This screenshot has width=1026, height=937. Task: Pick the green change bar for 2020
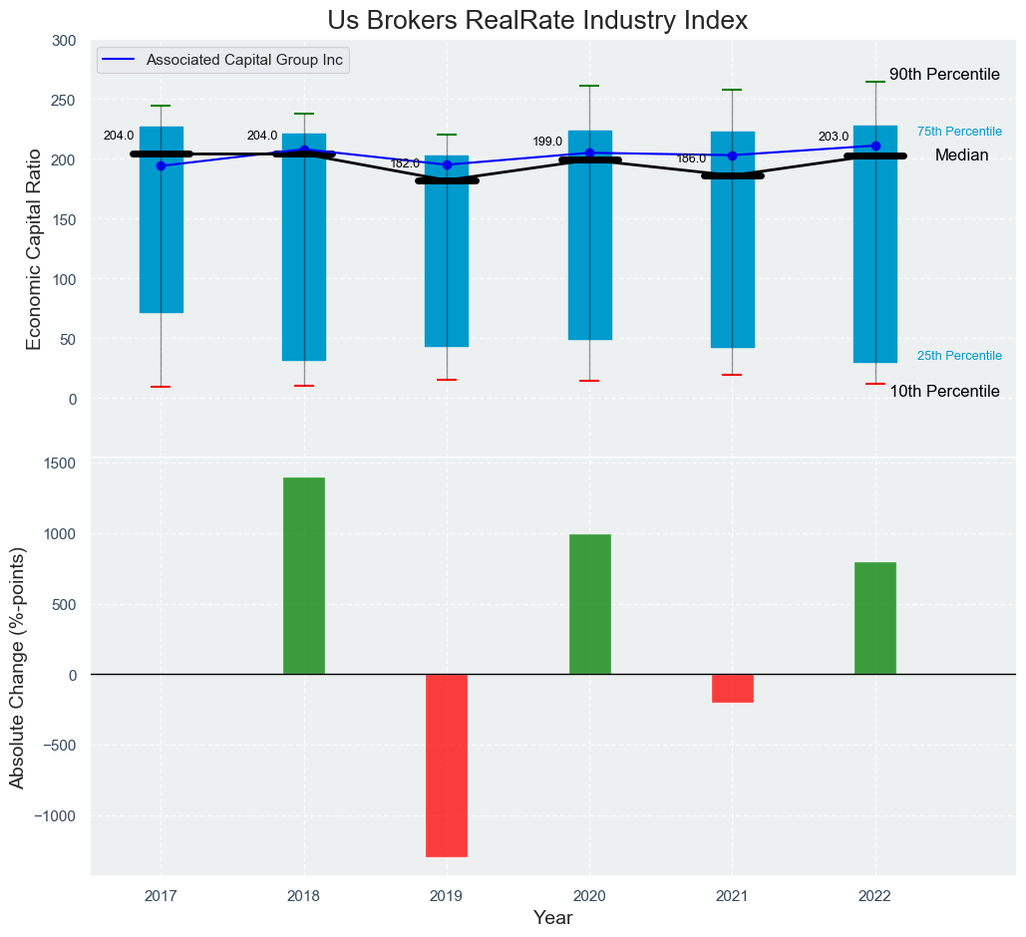pyautogui.click(x=589, y=604)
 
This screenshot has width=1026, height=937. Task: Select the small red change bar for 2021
pyautogui.click(x=733, y=688)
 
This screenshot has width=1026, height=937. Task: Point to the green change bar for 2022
pyautogui.click(x=875, y=618)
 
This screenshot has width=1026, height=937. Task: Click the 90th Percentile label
pyautogui.click(x=944, y=75)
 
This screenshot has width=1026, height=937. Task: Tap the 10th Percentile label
pyautogui.click(x=944, y=392)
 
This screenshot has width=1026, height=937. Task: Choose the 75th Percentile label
pyautogui.click(x=959, y=132)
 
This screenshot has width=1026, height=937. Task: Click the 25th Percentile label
pyautogui.click(x=959, y=356)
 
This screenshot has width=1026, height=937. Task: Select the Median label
pyautogui.click(x=961, y=156)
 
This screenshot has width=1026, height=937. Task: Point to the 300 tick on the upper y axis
pyautogui.click(x=64, y=41)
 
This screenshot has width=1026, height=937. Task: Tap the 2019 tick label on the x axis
pyautogui.click(x=447, y=895)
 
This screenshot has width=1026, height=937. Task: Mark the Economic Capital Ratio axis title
pyautogui.click(x=34, y=249)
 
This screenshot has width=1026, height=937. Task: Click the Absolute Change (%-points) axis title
pyautogui.click(x=18, y=667)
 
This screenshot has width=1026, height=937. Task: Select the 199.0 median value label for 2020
pyautogui.click(x=547, y=142)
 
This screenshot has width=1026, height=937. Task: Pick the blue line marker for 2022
pyautogui.click(x=875, y=146)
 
